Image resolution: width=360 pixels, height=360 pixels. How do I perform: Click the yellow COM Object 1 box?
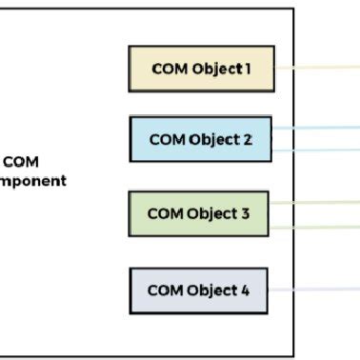pyautogui.click(x=201, y=69)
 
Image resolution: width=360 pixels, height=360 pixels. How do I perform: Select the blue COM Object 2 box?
pyautogui.click(x=200, y=139)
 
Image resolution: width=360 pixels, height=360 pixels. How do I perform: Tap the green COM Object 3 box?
pyautogui.click(x=198, y=213)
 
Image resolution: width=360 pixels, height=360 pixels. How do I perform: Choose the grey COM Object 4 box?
pyautogui.click(x=198, y=290)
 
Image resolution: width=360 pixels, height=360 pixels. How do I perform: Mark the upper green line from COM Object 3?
pyautogui.click(x=314, y=202)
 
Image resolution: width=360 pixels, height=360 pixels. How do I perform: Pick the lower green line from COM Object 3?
pyautogui.click(x=314, y=227)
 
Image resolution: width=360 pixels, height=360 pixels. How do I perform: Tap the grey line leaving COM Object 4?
pyautogui.click(x=314, y=288)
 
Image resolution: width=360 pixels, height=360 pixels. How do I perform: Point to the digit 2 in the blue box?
pyautogui.click(x=248, y=139)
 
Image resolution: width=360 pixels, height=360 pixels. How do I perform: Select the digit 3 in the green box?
pyautogui.click(x=246, y=213)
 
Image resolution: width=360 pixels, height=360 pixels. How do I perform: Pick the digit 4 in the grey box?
pyautogui.click(x=245, y=290)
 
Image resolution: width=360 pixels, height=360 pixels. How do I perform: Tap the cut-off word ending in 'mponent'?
pyautogui.click(x=33, y=180)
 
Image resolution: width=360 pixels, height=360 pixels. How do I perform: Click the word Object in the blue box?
pyautogui.click(x=213, y=139)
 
